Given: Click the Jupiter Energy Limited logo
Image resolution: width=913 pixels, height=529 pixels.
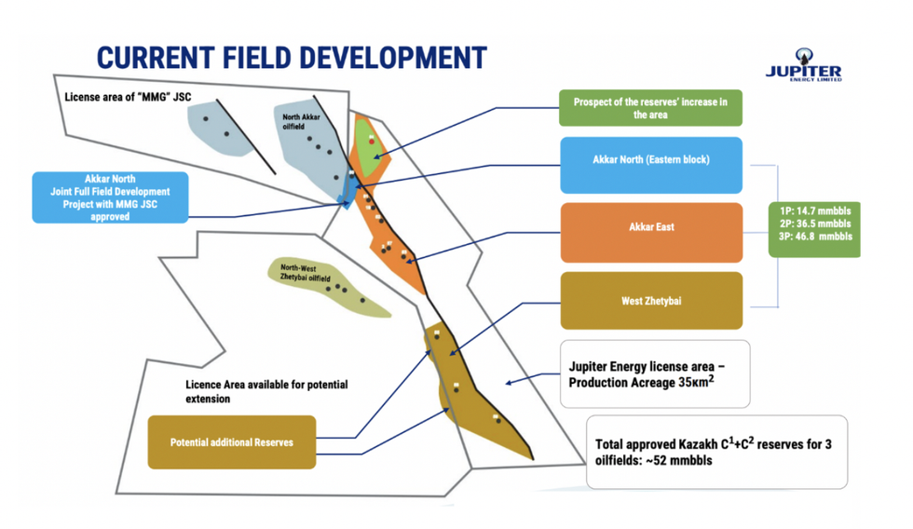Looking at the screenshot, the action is click(803, 65).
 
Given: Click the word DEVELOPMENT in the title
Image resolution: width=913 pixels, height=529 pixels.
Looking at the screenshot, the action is click(393, 58).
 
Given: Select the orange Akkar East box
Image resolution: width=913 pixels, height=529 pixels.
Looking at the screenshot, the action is click(651, 232).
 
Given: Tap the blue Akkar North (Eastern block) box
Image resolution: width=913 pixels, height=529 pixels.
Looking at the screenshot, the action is click(651, 165).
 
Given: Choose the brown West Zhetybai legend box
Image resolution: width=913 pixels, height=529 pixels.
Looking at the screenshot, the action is click(651, 300).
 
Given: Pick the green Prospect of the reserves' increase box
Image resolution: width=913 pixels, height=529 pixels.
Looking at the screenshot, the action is click(650, 108).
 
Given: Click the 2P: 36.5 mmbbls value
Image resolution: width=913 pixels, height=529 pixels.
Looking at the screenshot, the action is click(815, 224).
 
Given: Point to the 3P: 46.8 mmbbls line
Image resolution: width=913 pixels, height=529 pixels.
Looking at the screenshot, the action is click(815, 237).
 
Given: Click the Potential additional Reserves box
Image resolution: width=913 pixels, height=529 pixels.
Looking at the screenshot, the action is click(232, 441).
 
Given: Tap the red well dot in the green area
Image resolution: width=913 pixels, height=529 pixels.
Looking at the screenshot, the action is click(372, 142).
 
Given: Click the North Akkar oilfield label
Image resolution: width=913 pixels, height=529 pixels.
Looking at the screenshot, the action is click(301, 122).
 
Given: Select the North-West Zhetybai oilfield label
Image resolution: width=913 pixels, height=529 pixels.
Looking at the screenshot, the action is click(306, 273).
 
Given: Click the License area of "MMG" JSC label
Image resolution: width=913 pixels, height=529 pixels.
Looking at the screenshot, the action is click(128, 97).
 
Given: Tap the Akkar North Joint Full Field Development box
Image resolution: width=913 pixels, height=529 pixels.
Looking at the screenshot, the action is click(110, 197).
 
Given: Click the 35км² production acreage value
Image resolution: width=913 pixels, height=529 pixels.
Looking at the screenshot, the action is click(697, 382).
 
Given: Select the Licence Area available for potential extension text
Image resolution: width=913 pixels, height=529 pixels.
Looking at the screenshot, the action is click(266, 392).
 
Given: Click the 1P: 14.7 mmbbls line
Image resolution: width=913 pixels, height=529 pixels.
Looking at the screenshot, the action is click(815, 210).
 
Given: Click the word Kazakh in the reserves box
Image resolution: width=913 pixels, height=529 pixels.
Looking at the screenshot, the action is click(698, 444).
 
